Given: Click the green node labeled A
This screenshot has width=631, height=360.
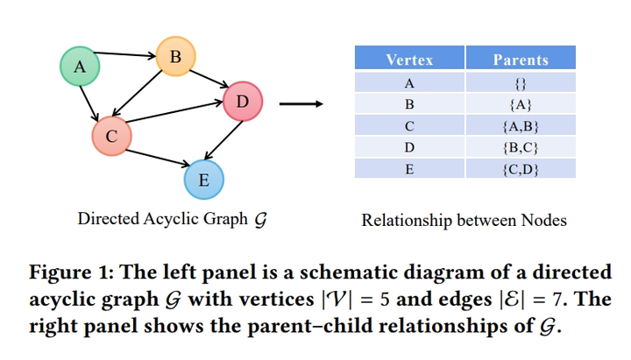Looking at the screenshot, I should pos(80,67).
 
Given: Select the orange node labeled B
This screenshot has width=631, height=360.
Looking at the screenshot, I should pos(174,57).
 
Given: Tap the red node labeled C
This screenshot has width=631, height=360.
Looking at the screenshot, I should pos(111,136).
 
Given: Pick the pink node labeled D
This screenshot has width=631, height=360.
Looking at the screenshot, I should pos(243,102).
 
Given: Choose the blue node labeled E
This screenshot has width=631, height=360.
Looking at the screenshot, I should pos(203,180).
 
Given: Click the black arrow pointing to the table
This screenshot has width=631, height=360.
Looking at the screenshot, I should pos(301,104).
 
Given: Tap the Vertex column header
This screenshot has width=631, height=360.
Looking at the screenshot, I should pos(408,60).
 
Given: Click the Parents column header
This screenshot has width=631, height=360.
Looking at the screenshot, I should pos(521,60).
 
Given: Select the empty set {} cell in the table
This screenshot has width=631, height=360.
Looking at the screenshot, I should pos(521,83).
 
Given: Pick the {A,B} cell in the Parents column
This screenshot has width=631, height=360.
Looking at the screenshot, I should pos(521,126).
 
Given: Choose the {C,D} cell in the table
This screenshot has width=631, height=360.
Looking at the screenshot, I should pos(521,169).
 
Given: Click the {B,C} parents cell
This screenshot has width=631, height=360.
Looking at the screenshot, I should pos(521,147).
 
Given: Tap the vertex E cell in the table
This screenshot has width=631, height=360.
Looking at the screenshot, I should pos(408,169).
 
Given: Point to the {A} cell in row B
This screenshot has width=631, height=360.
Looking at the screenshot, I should pos(521,104).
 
